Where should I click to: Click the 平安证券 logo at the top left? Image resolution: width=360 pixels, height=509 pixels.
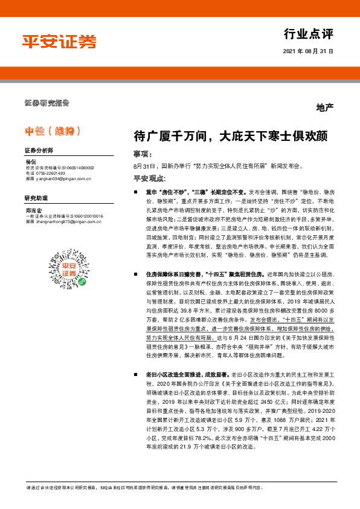tap(59, 42)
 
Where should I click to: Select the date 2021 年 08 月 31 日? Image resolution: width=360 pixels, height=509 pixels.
tap(307, 53)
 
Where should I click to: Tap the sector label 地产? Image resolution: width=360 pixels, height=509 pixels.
tap(324, 108)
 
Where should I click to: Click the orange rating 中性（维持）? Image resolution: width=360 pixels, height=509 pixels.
tap(53, 130)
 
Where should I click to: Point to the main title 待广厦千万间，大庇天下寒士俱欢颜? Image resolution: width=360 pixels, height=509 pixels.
tap(231, 137)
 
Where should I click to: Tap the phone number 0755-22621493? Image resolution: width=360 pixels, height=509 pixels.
tap(55, 173)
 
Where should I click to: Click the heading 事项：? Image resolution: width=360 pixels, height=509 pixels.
tap(143, 154)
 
